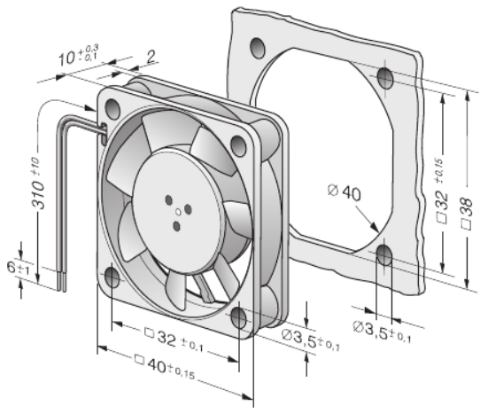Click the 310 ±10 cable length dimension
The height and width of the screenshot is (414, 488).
pyautogui.click(x=38, y=183)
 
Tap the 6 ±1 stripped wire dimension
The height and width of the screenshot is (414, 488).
pyautogui.click(x=19, y=269)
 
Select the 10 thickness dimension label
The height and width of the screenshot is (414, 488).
pyautogui.click(x=79, y=56)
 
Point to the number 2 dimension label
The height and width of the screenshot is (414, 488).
pyautogui.click(x=151, y=58)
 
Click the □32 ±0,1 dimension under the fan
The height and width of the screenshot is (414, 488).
pyautogui.click(x=174, y=340)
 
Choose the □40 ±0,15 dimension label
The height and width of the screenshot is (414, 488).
pyautogui.click(x=165, y=367)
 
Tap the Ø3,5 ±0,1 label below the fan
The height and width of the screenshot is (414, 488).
pyautogui.click(x=310, y=340)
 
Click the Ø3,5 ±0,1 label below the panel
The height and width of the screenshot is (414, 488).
pyautogui.click(x=382, y=332)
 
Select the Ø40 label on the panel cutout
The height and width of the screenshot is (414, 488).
pyautogui.click(x=345, y=192)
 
